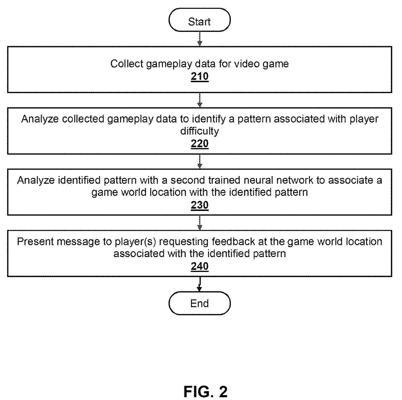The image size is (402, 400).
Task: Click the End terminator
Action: [x=199, y=303]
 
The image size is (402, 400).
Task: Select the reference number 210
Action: [x=199, y=77]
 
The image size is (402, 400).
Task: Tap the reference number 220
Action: [x=199, y=144]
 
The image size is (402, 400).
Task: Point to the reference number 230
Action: [x=199, y=205]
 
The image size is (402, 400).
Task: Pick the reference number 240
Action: [x=199, y=266]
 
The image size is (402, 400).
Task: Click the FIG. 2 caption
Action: [x=205, y=392]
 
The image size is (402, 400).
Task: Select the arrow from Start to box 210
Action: [x=199, y=39]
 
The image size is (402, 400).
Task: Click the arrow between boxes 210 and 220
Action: [x=199, y=100]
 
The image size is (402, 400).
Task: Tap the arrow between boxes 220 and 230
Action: [x=199, y=162]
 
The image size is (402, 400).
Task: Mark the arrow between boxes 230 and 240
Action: [x=199, y=223]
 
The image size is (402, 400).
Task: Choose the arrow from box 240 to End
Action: [x=199, y=284]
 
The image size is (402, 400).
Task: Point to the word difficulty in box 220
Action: [x=199, y=131]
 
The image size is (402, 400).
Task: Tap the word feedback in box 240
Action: [x=233, y=242]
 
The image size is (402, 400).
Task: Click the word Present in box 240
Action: [x=35, y=242]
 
